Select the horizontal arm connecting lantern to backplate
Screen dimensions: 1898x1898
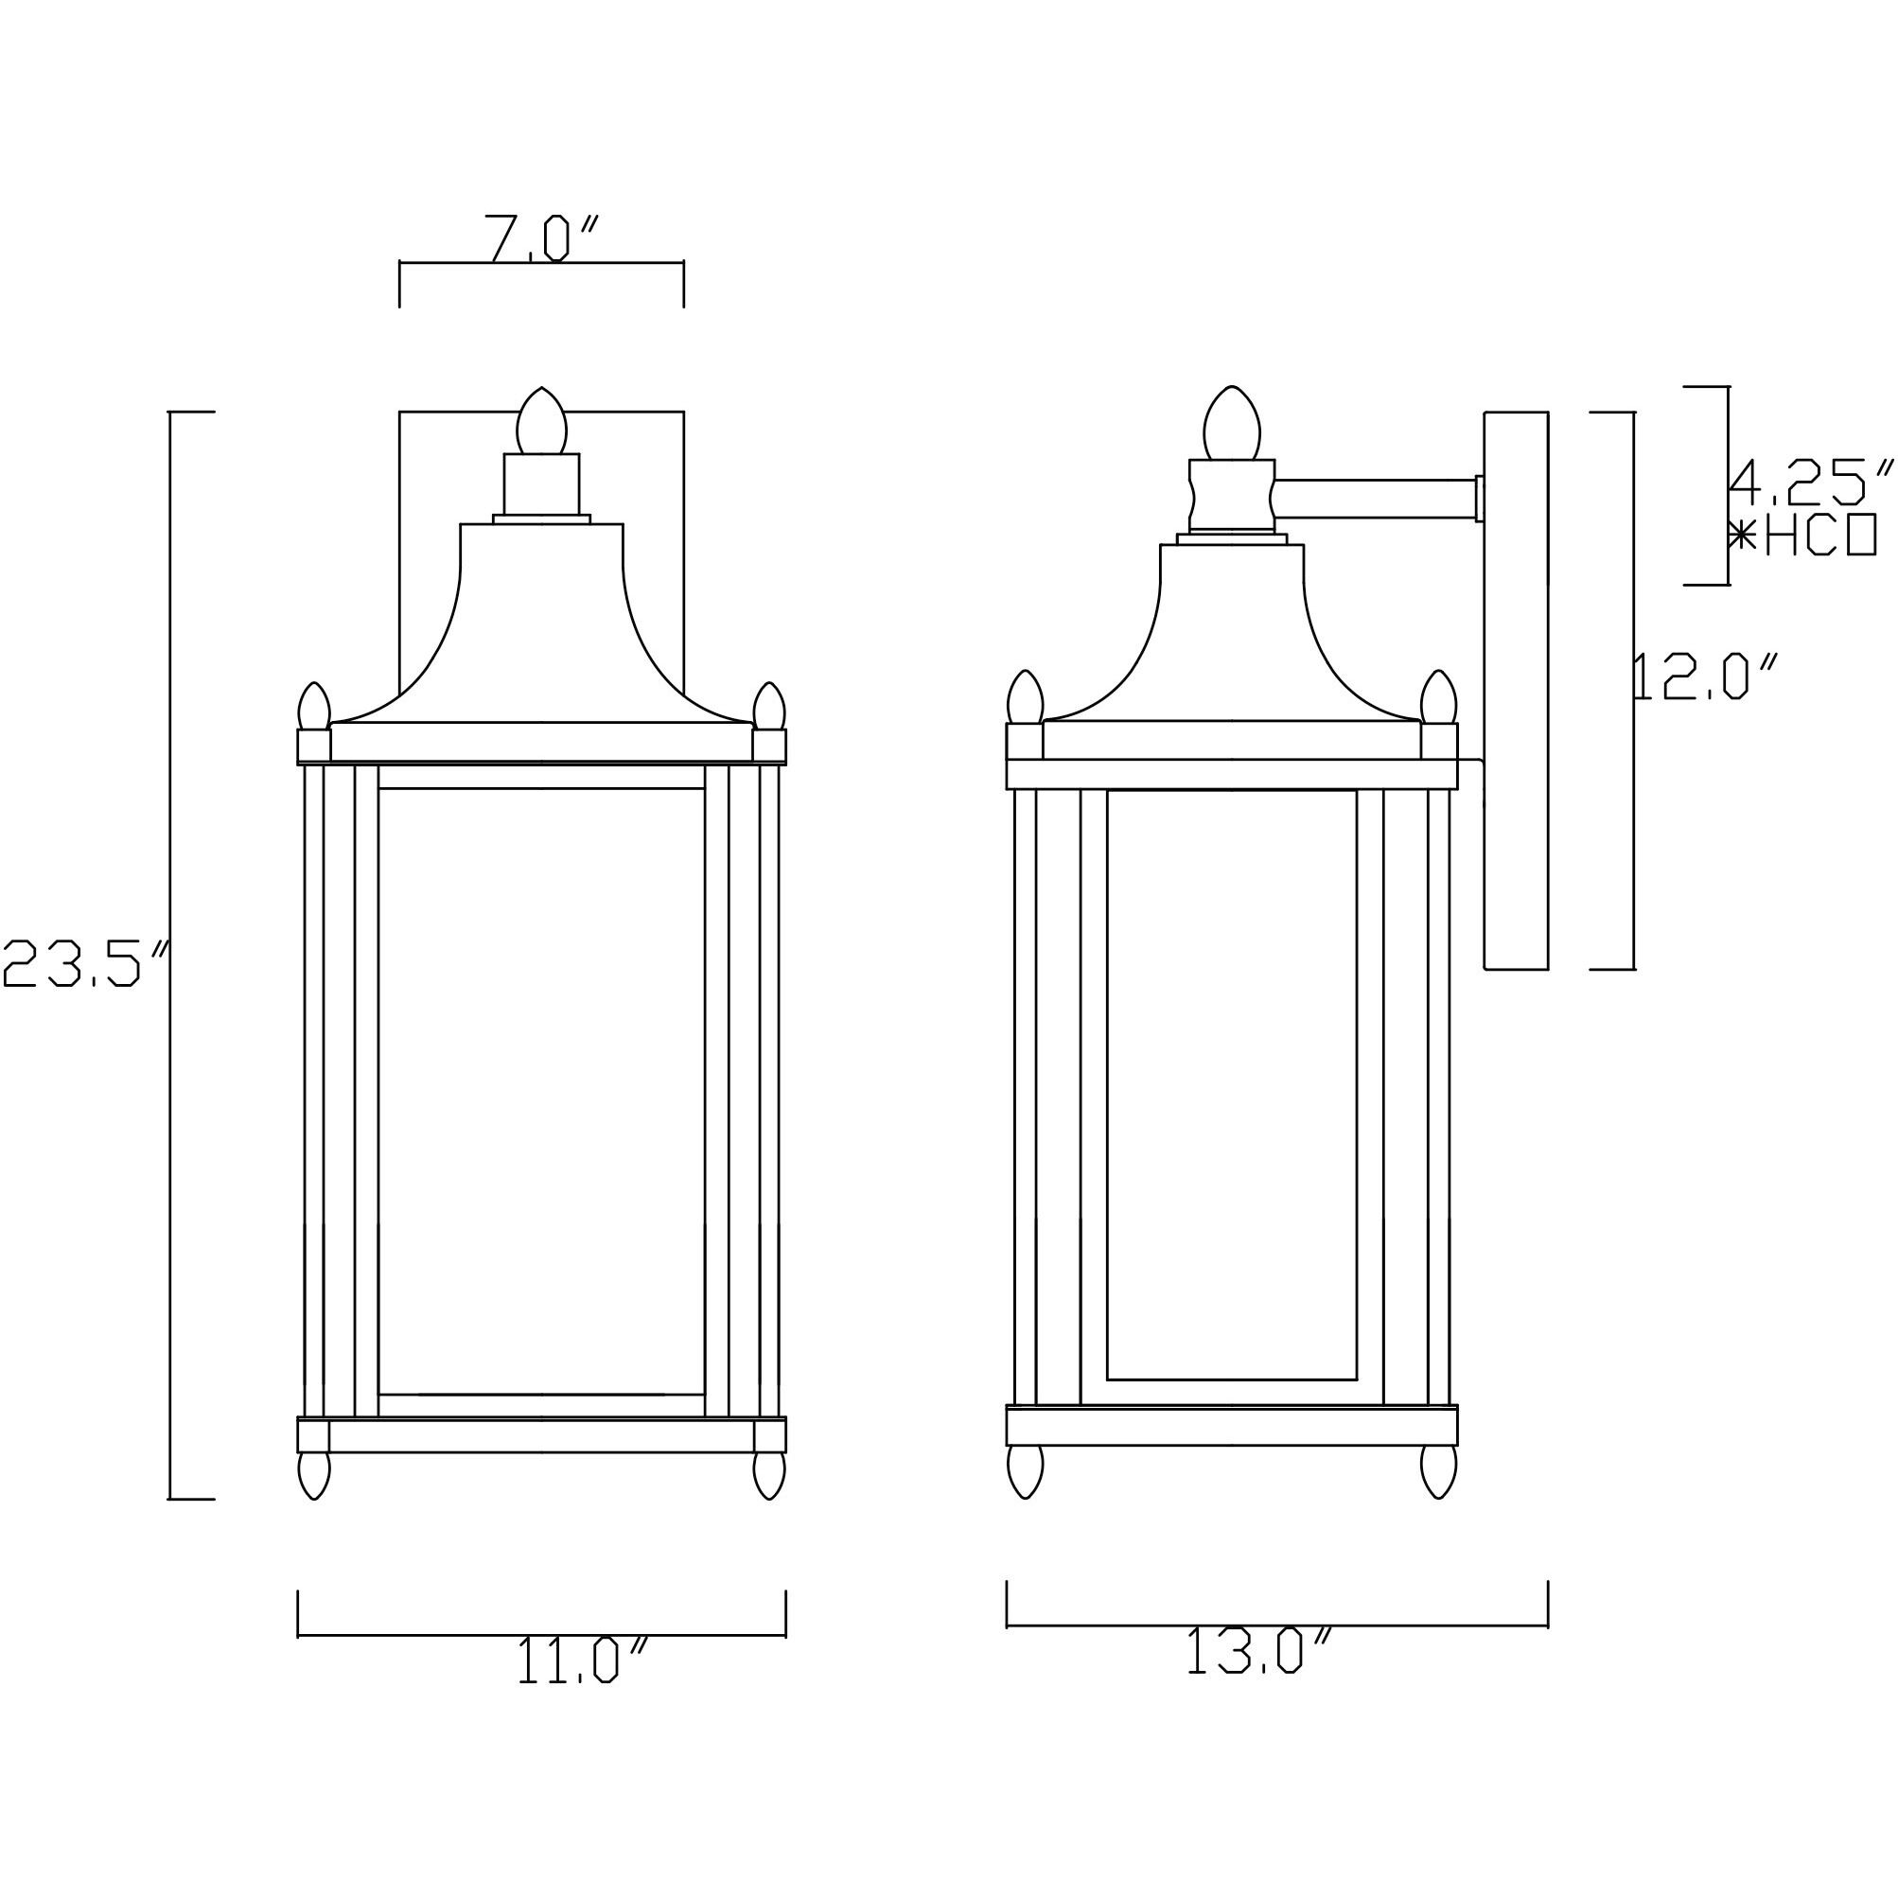pos(1376,498)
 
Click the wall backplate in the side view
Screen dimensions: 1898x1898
pos(1516,688)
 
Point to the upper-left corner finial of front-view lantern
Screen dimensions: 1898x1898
pos(313,707)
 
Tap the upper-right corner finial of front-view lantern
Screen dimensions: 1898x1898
pos(769,707)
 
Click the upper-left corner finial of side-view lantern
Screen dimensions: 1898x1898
pos(1025,696)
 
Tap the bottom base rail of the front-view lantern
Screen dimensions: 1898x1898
pos(541,1435)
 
